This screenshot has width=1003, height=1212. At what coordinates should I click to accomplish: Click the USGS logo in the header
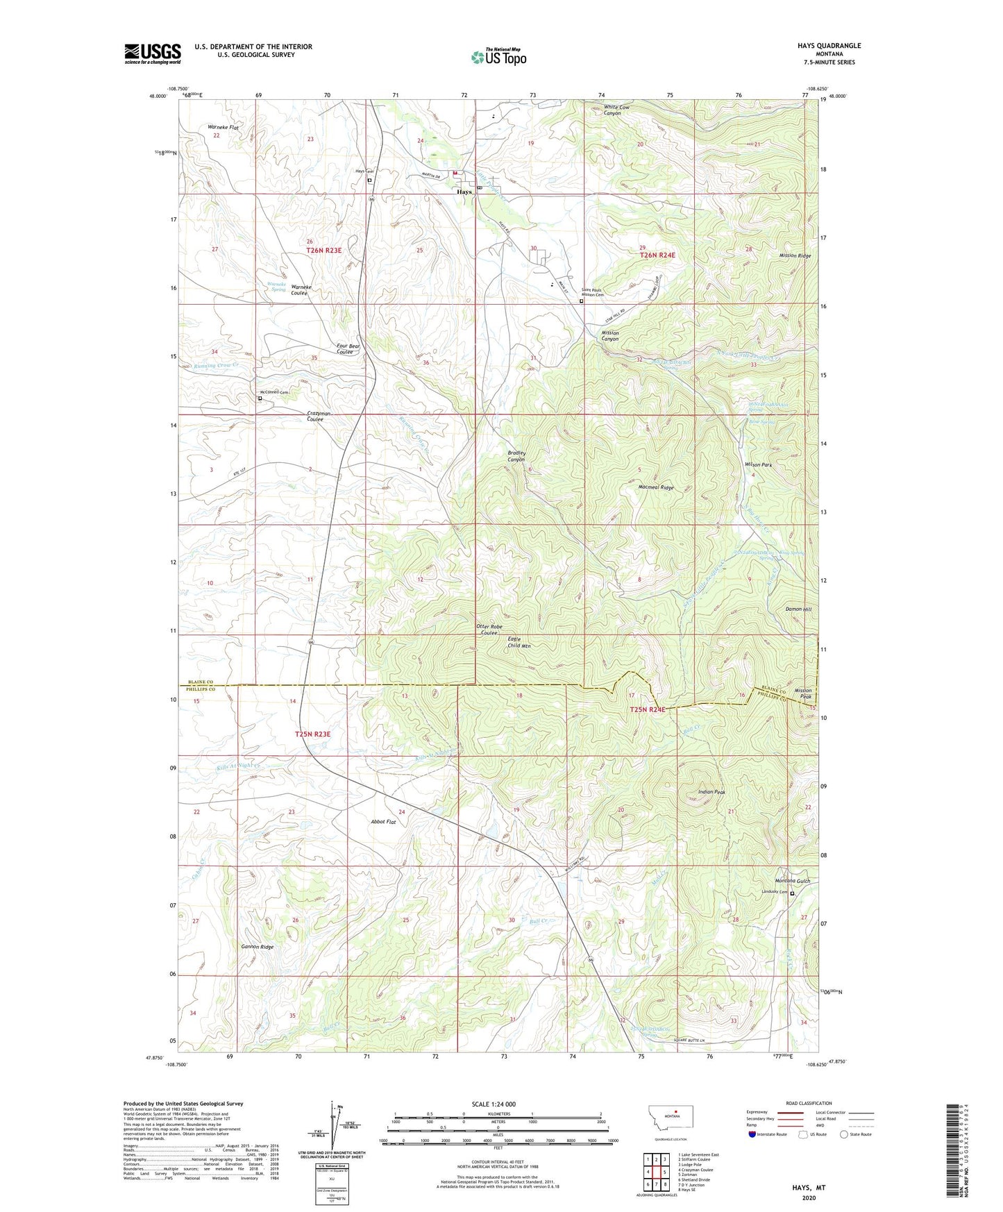[153, 53]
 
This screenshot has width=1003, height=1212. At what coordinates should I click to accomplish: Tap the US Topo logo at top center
[498, 57]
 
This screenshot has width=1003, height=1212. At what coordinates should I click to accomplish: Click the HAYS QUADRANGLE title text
[829, 46]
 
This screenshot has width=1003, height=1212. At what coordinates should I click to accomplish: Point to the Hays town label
[464, 192]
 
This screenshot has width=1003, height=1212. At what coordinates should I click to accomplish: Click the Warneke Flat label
[223, 128]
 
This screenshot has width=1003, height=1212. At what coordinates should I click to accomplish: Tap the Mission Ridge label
[795, 255]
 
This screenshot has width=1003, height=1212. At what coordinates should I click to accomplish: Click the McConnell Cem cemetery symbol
[260, 398]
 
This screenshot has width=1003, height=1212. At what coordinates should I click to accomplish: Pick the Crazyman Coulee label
[319, 416]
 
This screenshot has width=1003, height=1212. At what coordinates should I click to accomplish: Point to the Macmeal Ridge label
[656, 487]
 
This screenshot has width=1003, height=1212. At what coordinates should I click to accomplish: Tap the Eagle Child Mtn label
[519, 642]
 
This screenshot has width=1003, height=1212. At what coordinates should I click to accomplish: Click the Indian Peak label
[711, 792]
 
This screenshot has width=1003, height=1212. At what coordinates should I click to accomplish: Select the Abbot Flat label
[382, 822]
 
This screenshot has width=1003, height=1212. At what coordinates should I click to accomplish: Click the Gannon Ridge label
[257, 947]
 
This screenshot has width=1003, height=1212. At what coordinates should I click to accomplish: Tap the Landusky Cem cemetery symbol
[792, 894]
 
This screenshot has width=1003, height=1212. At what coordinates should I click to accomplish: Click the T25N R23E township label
[312, 734]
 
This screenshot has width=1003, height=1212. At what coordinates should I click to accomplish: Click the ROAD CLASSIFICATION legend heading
[809, 1103]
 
